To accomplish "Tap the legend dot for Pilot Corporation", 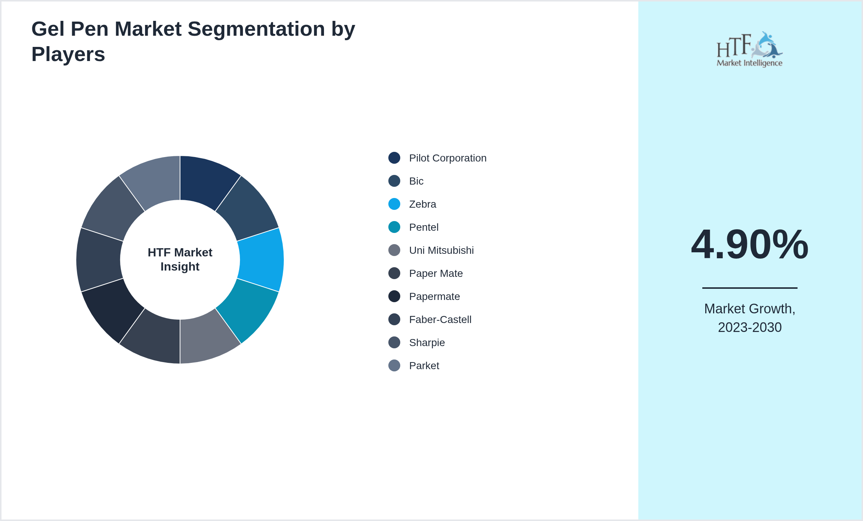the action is (394, 158).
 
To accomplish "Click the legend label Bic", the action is (416, 181).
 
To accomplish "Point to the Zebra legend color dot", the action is (394, 204).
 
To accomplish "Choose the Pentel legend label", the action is (424, 227).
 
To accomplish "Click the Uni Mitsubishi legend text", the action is (442, 250).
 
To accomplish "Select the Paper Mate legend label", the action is (436, 274).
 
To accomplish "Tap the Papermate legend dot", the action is (394, 296).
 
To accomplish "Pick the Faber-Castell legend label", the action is (440, 320).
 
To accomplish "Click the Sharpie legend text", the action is (427, 343).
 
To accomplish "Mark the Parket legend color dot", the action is (394, 365).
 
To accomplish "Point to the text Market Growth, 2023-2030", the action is (750, 318).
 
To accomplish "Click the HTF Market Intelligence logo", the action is (750, 49).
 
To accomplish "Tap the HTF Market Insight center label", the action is (180, 259).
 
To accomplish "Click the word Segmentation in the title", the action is (256, 29).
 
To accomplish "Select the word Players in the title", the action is (68, 54).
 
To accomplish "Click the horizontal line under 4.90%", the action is (750, 288).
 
